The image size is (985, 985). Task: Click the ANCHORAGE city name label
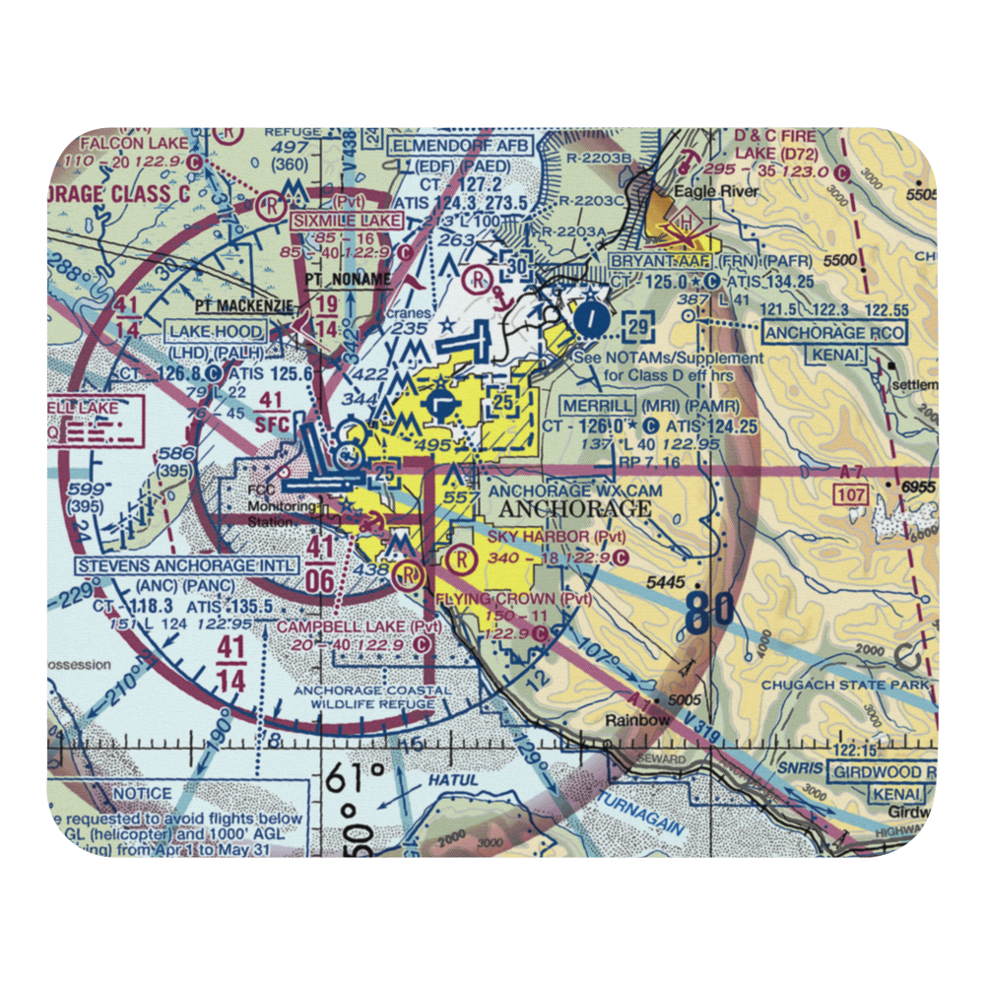[x=575, y=509]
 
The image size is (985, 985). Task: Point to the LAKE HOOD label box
[x=216, y=331]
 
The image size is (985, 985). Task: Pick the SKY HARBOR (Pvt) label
[x=557, y=536]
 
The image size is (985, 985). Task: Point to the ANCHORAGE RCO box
[x=833, y=333]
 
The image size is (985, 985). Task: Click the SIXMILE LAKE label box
[x=333, y=221]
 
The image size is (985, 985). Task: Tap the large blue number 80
[x=709, y=613]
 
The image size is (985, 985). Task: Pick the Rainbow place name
[x=638, y=720]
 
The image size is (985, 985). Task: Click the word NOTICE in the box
[x=142, y=793]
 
